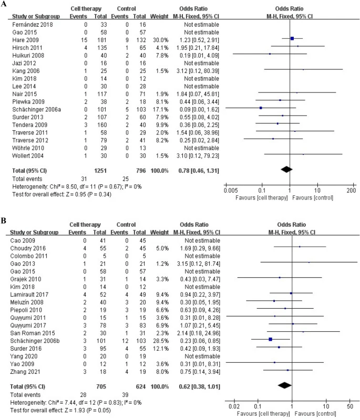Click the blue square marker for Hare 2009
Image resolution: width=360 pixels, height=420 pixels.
pyautogui.click(x=292, y=38)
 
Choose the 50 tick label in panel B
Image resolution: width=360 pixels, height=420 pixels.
pyautogui.click(x=350, y=405)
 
